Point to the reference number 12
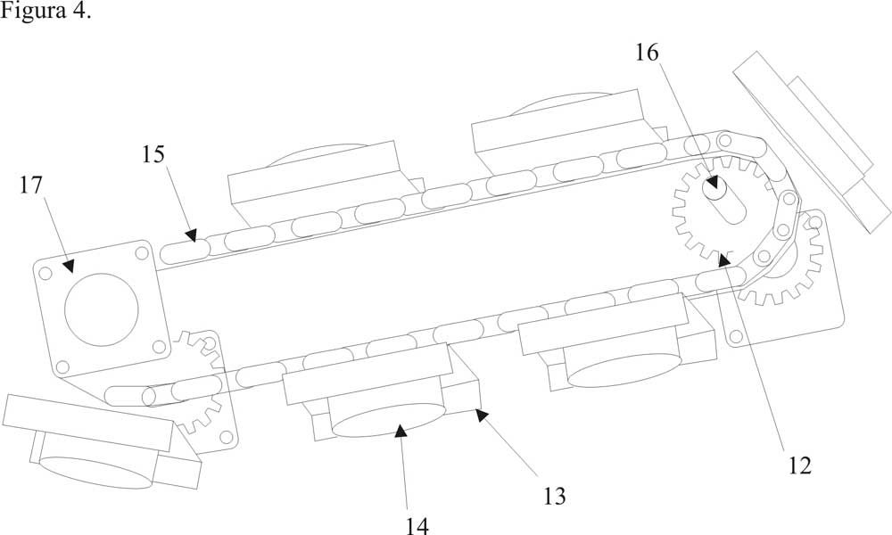799,465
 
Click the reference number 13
554,495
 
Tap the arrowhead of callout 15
191,235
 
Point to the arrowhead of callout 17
69,263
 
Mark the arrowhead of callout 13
481,413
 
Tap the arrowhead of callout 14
401,431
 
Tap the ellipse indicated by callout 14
388,419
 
